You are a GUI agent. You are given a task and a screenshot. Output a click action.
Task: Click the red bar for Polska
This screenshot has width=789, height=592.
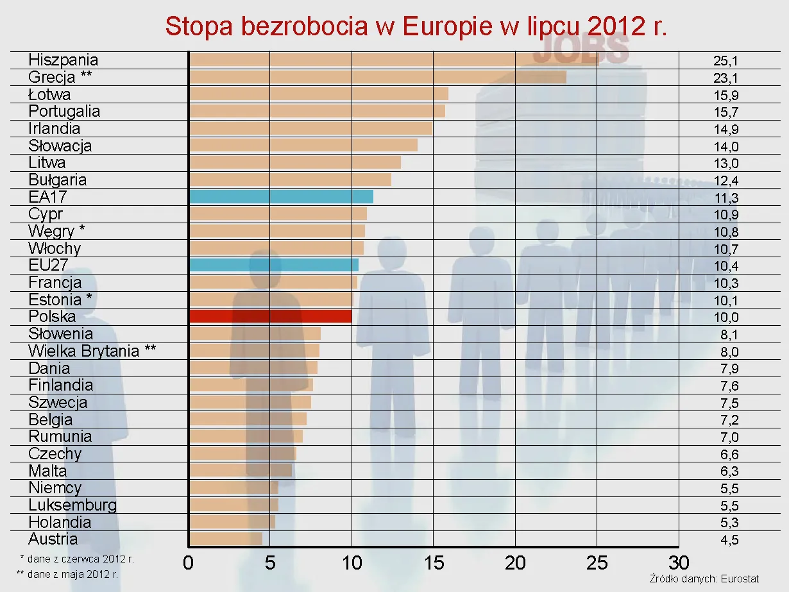270,316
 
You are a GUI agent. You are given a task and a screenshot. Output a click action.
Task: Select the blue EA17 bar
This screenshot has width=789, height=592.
281,196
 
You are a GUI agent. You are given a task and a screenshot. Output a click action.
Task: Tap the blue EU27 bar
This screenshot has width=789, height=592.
274,265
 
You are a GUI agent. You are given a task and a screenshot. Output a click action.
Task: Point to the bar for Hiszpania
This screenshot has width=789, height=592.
359,60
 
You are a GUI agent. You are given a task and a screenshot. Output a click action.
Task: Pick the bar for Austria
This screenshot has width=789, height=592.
226,539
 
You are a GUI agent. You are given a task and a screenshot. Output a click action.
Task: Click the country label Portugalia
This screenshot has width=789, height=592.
64,111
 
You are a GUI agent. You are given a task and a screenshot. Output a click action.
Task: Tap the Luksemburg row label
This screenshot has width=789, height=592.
72,505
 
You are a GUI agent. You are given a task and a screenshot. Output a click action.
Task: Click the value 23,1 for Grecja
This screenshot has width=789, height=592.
725,79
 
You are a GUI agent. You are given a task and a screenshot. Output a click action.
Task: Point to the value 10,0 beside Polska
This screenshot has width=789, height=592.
725,317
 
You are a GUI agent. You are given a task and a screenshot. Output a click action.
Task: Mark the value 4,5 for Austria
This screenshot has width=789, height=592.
729,540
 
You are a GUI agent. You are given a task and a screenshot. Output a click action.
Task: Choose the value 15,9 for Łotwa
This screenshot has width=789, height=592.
725,96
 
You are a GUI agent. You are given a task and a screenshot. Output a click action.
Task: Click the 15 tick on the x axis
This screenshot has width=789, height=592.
434,563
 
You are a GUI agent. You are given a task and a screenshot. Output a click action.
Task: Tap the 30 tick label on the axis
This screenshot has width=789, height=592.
679,563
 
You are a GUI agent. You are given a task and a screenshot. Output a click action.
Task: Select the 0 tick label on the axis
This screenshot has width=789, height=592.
188,563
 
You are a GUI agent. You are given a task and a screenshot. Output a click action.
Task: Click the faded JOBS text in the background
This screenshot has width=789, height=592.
581,50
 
